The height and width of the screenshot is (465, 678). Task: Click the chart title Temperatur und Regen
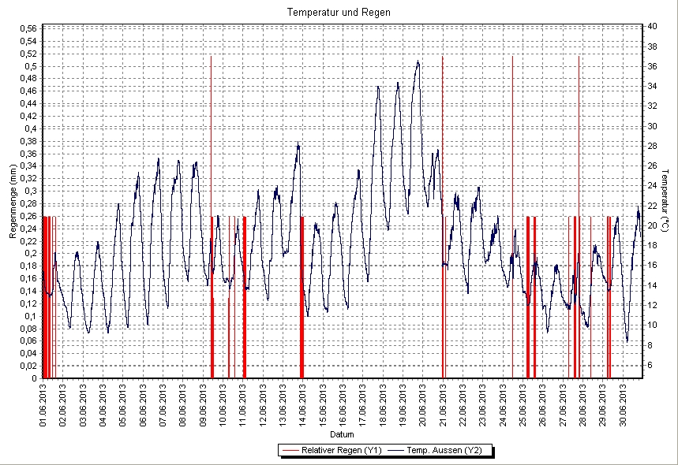tap(339, 13)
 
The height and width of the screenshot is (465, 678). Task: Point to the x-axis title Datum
tap(342, 434)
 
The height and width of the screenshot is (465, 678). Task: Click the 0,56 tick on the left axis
tap(27, 29)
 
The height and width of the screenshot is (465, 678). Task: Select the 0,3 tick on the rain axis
tap(30, 191)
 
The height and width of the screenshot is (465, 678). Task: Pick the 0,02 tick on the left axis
tap(27, 366)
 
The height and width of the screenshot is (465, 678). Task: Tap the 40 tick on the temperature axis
tap(652, 26)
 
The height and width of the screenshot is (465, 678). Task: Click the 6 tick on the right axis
tap(650, 365)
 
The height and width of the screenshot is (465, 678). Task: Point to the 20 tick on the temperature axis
tap(652, 225)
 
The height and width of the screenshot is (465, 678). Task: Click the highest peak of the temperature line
tap(418, 61)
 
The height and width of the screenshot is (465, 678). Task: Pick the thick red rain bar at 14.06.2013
tap(302, 299)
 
